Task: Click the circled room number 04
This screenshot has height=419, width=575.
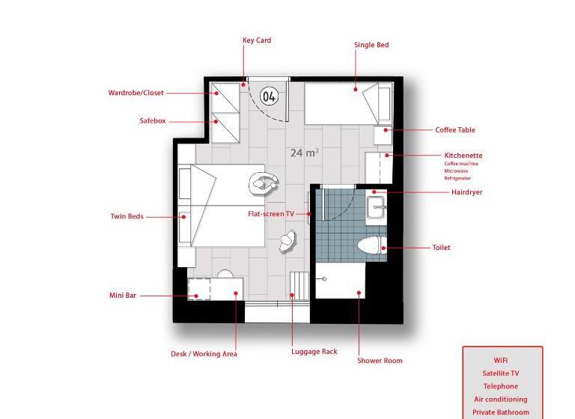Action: pyautogui.click(x=269, y=97)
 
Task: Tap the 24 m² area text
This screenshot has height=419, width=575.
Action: pyautogui.click(x=305, y=153)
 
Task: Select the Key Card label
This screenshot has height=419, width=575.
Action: pyautogui.click(x=257, y=40)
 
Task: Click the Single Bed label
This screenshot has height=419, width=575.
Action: pyautogui.click(x=371, y=45)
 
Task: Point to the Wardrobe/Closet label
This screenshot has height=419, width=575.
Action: pyautogui.click(x=136, y=93)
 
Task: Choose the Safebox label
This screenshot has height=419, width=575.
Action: pyautogui.click(x=153, y=120)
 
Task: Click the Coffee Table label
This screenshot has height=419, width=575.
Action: pyautogui.click(x=455, y=129)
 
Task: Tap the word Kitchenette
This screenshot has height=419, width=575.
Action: pyautogui.click(x=463, y=156)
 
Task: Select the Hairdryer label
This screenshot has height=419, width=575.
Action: pyautogui.click(x=467, y=192)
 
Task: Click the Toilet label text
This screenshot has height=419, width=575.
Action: pyautogui.click(x=441, y=248)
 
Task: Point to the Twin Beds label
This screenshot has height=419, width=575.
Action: pyautogui.click(x=127, y=216)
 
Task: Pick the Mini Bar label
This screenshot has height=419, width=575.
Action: pyautogui.click(x=123, y=295)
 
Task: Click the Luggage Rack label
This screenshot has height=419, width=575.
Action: pyautogui.click(x=314, y=352)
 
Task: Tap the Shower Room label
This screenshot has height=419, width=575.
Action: pyautogui.click(x=380, y=361)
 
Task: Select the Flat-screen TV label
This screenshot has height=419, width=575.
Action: pyautogui.click(x=271, y=214)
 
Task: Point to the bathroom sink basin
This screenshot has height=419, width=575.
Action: pyautogui.click(x=376, y=207)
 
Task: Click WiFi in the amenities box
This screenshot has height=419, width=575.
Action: pyautogui.click(x=501, y=361)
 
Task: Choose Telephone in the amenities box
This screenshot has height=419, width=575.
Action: pyautogui.click(x=501, y=386)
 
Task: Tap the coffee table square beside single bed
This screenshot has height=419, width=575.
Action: pyautogui.click(x=383, y=135)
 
